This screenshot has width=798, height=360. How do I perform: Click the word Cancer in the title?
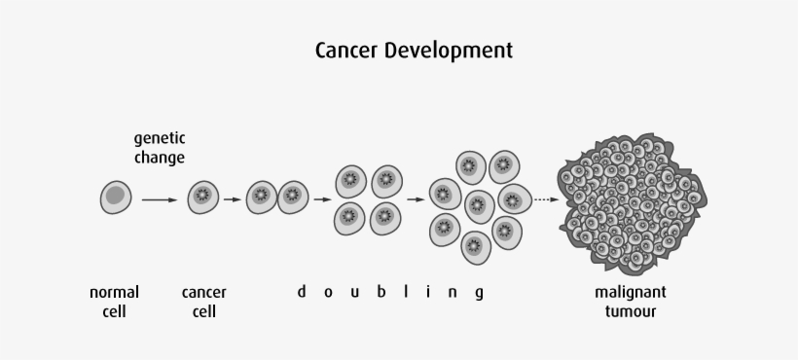[x=345, y=49]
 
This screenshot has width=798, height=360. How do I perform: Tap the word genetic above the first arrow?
[x=160, y=138]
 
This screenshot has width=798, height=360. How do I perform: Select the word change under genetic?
[x=160, y=157]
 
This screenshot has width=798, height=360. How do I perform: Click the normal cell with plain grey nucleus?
[x=115, y=198]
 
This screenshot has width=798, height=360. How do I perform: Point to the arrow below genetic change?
[x=159, y=199]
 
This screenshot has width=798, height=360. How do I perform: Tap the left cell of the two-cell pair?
[x=262, y=198]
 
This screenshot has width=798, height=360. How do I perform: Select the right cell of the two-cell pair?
[x=294, y=198]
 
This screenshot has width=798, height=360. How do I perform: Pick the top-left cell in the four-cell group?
[x=351, y=180]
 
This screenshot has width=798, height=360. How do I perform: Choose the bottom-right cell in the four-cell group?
[x=386, y=215]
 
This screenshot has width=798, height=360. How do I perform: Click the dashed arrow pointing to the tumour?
[x=545, y=199]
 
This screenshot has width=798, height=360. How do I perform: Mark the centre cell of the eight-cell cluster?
[x=479, y=204]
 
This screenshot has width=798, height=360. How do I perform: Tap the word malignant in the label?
[x=631, y=292]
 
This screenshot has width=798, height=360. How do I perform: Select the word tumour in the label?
[x=631, y=311]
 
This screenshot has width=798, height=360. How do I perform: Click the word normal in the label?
[x=115, y=292]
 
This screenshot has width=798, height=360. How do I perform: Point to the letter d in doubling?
[x=302, y=291]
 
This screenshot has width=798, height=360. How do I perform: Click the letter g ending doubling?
[x=479, y=293]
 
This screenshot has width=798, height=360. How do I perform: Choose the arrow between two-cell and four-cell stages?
[x=321, y=199]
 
